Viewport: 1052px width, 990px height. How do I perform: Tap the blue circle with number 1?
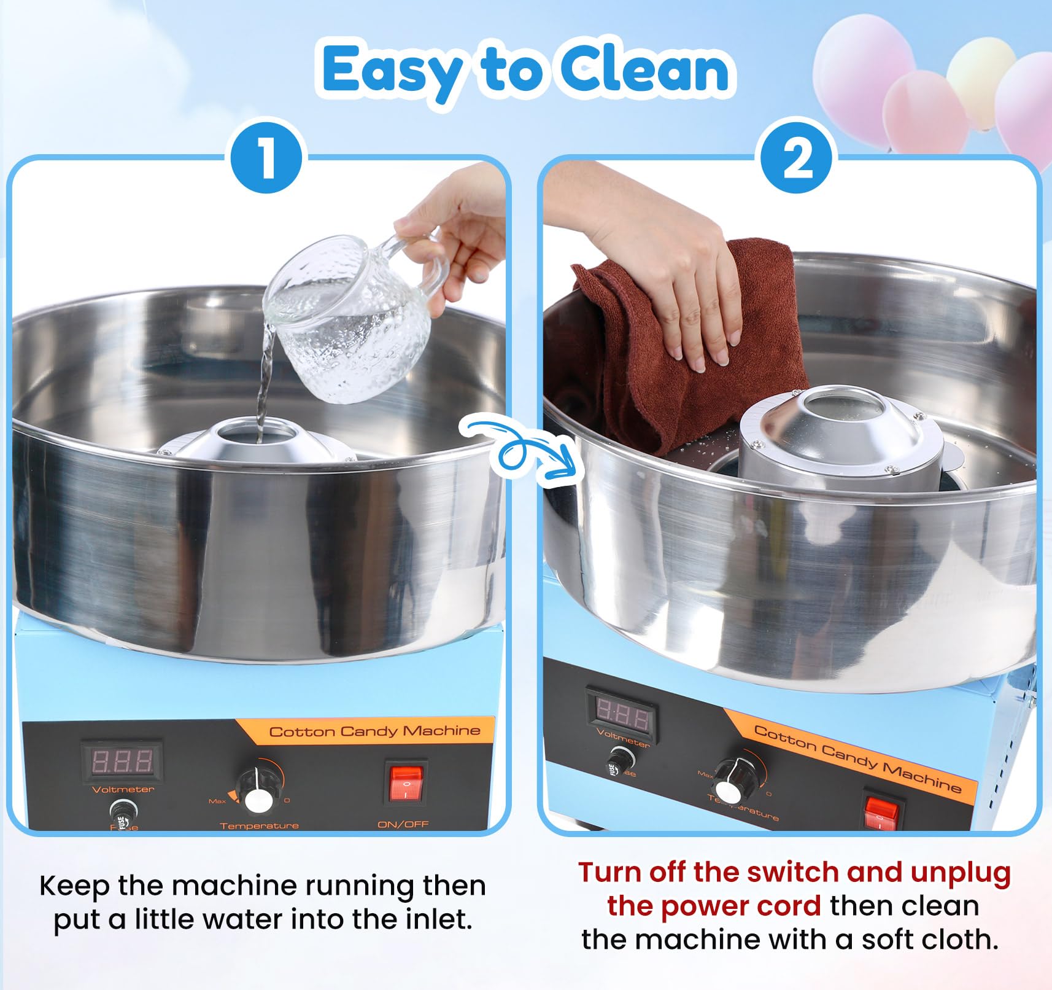[x=266, y=158]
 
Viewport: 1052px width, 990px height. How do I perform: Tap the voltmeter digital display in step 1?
[x=123, y=761]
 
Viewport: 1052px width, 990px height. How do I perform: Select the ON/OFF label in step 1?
[x=403, y=824]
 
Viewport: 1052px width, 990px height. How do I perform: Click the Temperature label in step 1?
[x=259, y=825]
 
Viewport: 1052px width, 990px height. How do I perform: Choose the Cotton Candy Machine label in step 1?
[x=374, y=731]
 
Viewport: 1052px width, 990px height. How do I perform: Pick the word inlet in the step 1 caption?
[x=439, y=920]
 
